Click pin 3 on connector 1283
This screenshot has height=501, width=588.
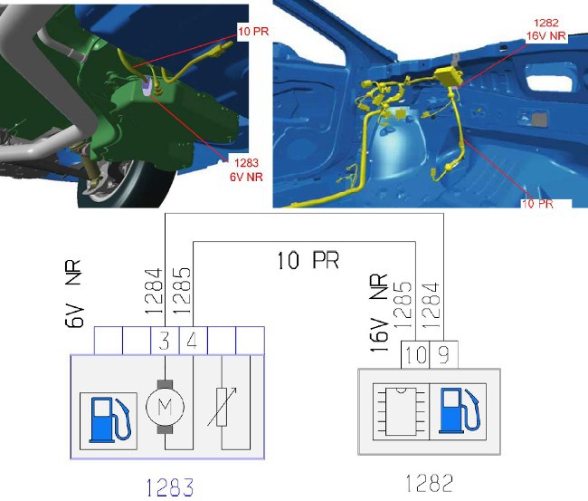click(165, 341)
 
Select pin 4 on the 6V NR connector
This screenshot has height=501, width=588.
click(193, 341)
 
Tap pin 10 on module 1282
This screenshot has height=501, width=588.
click(415, 354)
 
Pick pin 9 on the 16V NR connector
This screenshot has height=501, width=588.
click(443, 354)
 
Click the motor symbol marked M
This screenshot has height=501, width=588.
click(165, 407)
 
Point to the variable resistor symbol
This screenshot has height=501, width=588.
click(222, 408)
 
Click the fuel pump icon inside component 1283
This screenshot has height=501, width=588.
click(109, 420)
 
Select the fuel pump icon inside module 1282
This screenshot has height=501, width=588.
click(459, 411)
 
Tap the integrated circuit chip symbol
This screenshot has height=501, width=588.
click(401, 411)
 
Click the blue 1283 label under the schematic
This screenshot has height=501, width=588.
click(169, 487)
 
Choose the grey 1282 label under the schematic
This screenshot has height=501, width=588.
click(430, 483)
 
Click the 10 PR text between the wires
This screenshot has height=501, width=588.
click(308, 260)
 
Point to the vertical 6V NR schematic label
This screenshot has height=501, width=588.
click(73, 294)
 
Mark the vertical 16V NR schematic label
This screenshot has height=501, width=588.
click(378, 313)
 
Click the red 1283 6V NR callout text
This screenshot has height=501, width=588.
click(246, 169)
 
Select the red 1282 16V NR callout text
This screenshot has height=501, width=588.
click(546, 29)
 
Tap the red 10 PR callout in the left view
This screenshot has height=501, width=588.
click(253, 31)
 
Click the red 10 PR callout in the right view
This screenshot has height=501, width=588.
click(537, 204)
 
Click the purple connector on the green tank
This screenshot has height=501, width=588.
click(146, 85)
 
